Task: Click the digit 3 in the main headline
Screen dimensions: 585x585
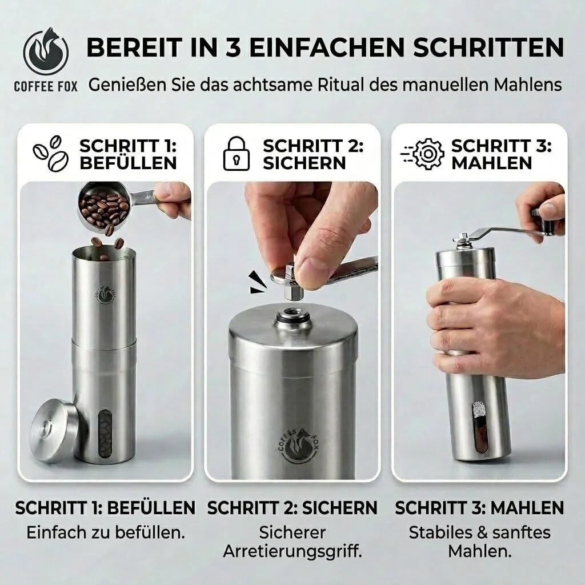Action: point(233,47)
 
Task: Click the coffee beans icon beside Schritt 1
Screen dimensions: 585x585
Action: point(51,153)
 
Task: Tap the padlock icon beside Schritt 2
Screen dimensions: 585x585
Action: point(236,154)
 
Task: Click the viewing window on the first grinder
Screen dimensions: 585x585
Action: point(105,434)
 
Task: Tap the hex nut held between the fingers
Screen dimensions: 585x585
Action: point(293,281)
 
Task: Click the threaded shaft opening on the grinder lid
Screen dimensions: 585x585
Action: point(294,318)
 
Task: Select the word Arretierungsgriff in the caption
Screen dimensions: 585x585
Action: point(293,551)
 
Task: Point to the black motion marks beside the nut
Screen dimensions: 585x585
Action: point(258,282)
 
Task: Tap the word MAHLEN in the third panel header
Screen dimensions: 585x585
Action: point(492,163)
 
